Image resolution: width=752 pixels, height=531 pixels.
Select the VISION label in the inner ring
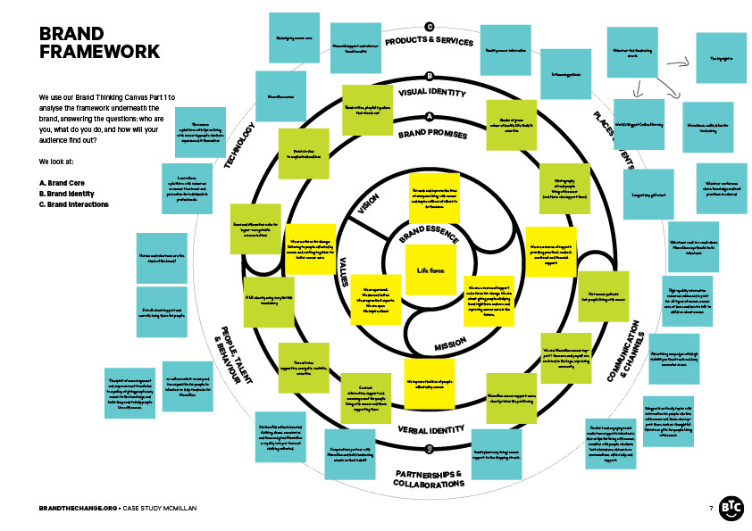pyautogui.click(x=369, y=206)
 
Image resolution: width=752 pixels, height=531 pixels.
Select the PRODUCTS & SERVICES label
pyautogui.click(x=429, y=42)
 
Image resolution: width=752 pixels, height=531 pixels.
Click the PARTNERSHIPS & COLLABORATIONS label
pyautogui.click(x=429, y=477)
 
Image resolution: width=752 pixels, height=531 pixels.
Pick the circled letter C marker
pyautogui.click(x=430, y=27)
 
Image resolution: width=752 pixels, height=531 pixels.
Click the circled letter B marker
pyautogui.click(x=430, y=77)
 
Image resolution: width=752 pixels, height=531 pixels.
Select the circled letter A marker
pyautogui.click(x=430, y=117)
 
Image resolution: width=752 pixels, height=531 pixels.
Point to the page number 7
pyautogui.click(x=711, y=507)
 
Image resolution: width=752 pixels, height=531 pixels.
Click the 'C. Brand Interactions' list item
pyautogui.click(x=74, y=204)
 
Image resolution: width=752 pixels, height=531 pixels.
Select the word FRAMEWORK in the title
pyautogui.click(x=99, y=52)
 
